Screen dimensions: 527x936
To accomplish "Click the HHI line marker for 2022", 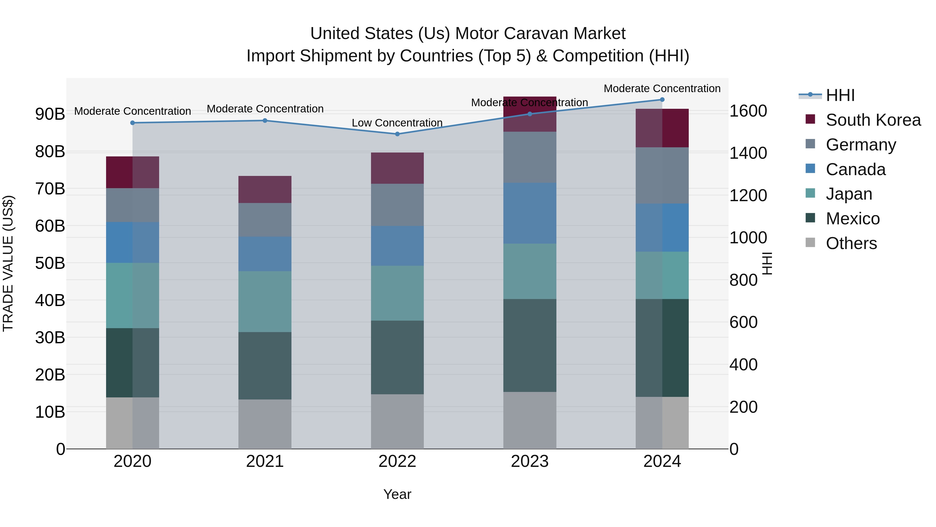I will (397, 134).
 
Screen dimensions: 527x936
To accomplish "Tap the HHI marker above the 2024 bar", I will (662, 100).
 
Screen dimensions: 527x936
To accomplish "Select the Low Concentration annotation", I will (397, 123).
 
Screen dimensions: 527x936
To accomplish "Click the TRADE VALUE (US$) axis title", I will (8, 263).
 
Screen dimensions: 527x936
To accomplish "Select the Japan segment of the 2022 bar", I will (397, 293).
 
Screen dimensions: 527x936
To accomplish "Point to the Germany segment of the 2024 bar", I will (662, 175).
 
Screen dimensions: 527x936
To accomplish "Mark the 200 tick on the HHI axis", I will (743, 407).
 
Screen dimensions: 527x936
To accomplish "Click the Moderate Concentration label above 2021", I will (265, 109).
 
